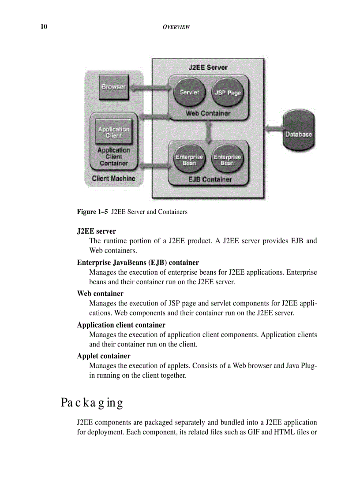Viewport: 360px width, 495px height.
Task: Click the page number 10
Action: [x=43, y=27]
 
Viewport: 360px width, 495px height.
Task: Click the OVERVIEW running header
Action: [x=176, y=27]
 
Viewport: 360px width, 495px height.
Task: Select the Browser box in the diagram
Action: [x=113, y=87]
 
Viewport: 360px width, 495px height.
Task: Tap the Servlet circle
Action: [x=189, y=92]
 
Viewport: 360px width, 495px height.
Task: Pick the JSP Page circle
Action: [x=228, y=93]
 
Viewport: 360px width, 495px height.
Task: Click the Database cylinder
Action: [x=298, y=130]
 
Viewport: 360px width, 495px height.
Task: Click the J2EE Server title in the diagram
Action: [x=208, y=67]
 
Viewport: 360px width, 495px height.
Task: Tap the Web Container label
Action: [x=208, y=113]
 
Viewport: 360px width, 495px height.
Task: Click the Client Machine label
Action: [x=113, y=179]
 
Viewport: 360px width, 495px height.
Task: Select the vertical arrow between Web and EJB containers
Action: [x=208, y=131]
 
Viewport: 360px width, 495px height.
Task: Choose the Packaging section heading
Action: [x=92, y=402]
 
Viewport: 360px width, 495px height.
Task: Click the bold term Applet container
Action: [x=104, y=356]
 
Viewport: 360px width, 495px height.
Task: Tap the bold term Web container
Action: [x=100, y=293]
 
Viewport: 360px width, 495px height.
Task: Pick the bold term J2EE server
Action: [x=96, y=231]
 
